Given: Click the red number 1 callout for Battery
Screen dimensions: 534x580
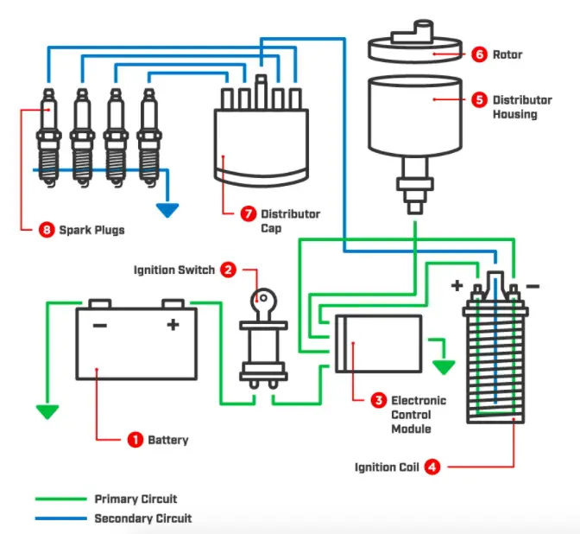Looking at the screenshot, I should [x=135, y=440].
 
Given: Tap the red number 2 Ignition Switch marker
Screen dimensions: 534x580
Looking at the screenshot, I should [x=228, y=270].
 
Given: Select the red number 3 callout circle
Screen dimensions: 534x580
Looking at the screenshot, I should [x=378, y=400].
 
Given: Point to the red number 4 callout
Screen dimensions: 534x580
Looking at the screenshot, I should [x=432, y=467].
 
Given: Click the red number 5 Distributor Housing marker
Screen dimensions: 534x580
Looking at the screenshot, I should [x=480, y=99].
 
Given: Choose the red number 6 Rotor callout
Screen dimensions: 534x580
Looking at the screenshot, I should [x=480, y=54].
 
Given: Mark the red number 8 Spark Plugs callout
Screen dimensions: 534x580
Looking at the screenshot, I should [x=47, y=230].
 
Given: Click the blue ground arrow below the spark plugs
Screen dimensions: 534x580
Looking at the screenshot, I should [x=167, y=209].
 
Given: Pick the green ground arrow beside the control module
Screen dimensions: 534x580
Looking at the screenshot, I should [x=443, y=366].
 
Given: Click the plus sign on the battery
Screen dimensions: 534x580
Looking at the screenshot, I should [x=173, y=325].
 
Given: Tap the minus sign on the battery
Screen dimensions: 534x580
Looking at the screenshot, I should [x=99, y=325].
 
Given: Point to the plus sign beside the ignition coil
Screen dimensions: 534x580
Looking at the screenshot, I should [x=456, y=285].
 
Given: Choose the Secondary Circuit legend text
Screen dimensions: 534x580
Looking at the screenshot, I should [x=142, y=518].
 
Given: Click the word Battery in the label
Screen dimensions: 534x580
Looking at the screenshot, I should [x=167, y=440].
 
